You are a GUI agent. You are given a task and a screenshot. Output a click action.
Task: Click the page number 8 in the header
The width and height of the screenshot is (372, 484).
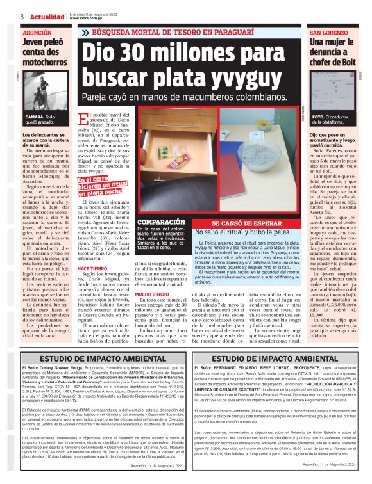tap(22, 16)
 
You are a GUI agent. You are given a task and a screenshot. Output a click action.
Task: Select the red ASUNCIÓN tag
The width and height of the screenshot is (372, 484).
tap(37, 31)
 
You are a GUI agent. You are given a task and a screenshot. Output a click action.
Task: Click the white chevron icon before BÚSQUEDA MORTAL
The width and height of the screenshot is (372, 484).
tap(85, 32)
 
